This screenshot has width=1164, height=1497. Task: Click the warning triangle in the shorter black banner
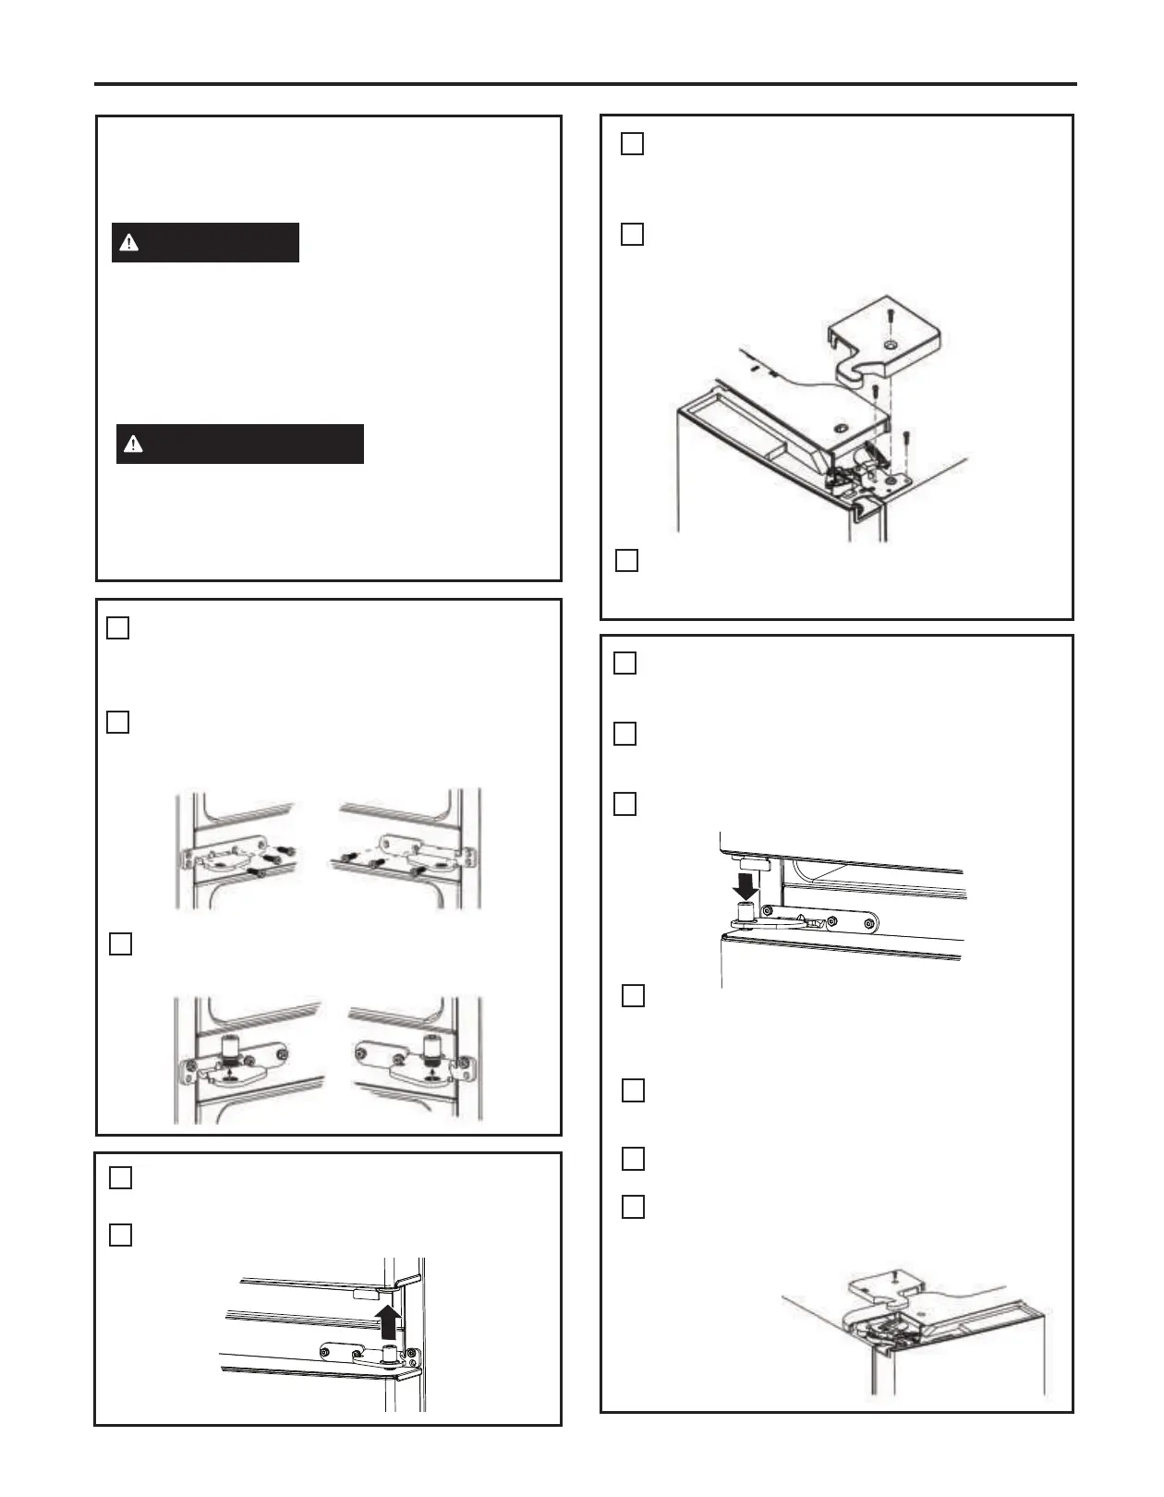pos(129,243)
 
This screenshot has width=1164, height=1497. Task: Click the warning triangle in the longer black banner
pos(134,444)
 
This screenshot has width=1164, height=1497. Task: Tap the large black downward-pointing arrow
pos(746,885)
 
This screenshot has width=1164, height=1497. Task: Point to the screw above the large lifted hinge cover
pos(891,316)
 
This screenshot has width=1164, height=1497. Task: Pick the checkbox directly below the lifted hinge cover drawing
pos(626,561)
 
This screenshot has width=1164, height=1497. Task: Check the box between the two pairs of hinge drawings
pos(120,943)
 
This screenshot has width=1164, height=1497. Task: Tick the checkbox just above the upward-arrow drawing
pos(120,1235)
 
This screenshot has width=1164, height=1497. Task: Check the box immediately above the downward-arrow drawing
pos(624,804)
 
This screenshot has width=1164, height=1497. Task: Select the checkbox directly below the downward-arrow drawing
pos(633,995)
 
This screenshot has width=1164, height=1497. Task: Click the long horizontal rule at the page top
pos(586,84)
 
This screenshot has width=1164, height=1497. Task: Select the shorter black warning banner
pos(205,243)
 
